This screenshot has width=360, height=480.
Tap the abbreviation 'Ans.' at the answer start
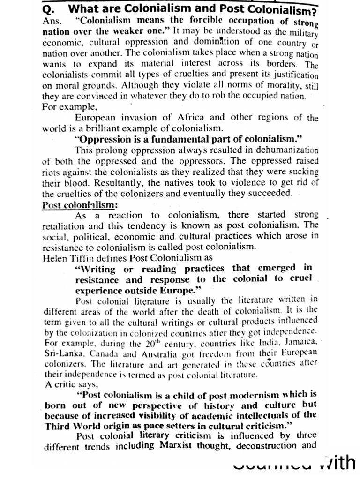52,21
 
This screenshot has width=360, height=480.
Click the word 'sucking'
304,172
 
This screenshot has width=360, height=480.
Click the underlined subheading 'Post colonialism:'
80,204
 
